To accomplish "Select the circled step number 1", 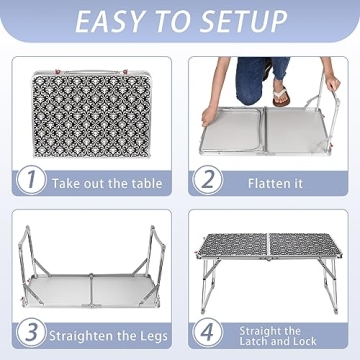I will click(34, 181).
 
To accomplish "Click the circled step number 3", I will click(34, 331).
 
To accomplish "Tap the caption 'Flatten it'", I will click(276, 183).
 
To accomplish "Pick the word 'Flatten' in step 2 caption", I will click(266, 183).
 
